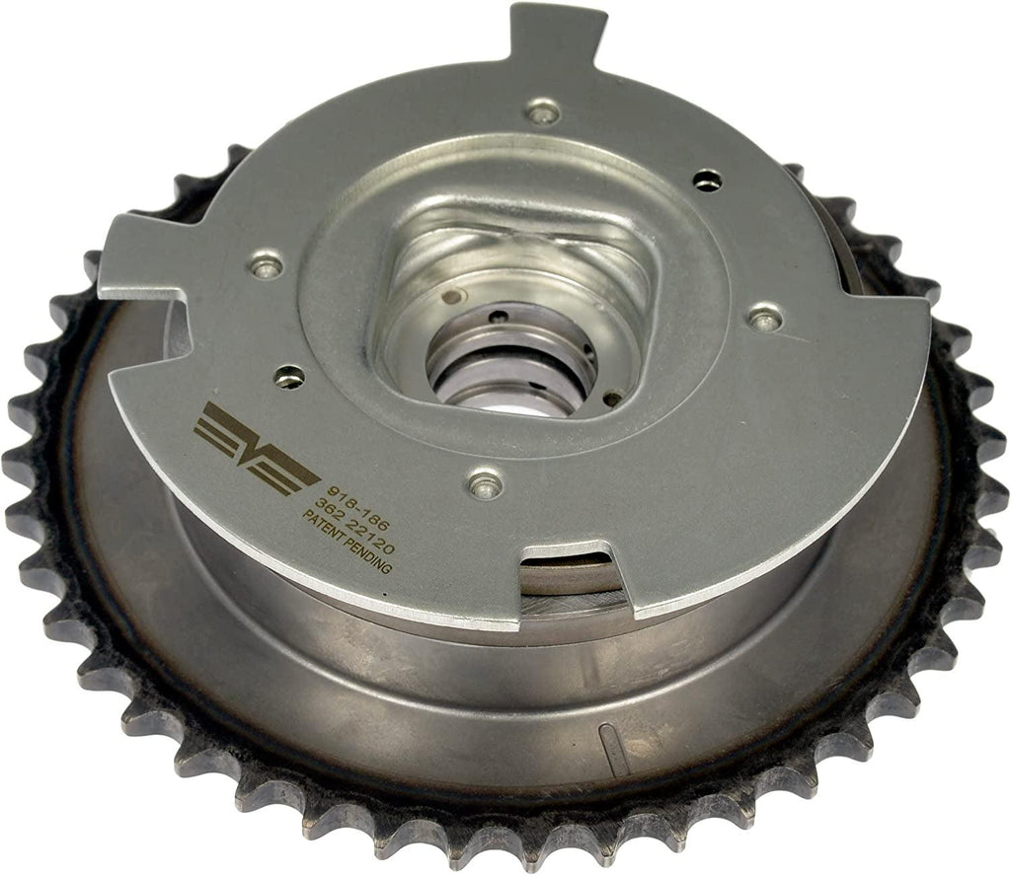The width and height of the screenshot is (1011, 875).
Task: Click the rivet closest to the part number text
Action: [484, 481]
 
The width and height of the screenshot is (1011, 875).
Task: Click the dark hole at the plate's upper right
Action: [707, 180]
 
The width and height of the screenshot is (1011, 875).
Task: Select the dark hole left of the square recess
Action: [288, 375]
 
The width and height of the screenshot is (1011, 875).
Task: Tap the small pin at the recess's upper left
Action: [452, 296]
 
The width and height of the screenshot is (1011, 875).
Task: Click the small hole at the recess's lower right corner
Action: [612, 399]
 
